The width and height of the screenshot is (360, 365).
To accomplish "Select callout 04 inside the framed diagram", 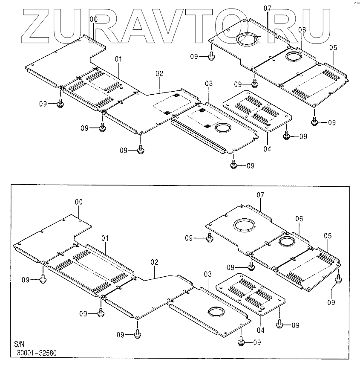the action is (x=261, y=330).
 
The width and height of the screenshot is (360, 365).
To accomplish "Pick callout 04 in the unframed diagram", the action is (x=267, y=149).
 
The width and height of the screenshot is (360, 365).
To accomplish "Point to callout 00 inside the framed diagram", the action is (x=79, y=201).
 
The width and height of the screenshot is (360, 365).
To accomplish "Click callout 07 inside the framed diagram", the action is (x=261, y=195).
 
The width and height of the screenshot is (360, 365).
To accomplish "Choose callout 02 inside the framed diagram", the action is (x=154, y=262).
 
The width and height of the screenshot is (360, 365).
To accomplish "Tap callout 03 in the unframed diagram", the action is (x=208, y=83).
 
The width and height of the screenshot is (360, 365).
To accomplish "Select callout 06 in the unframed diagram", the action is (x=302, y=30).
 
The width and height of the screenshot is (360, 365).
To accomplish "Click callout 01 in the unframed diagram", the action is (x=118, y=58).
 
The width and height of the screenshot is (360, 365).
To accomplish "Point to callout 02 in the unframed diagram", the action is (x=159, y=74).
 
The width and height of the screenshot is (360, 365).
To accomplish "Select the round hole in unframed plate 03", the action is (x=223, y=127).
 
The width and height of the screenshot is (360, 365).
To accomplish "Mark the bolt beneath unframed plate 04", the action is (x=287, y=136).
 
